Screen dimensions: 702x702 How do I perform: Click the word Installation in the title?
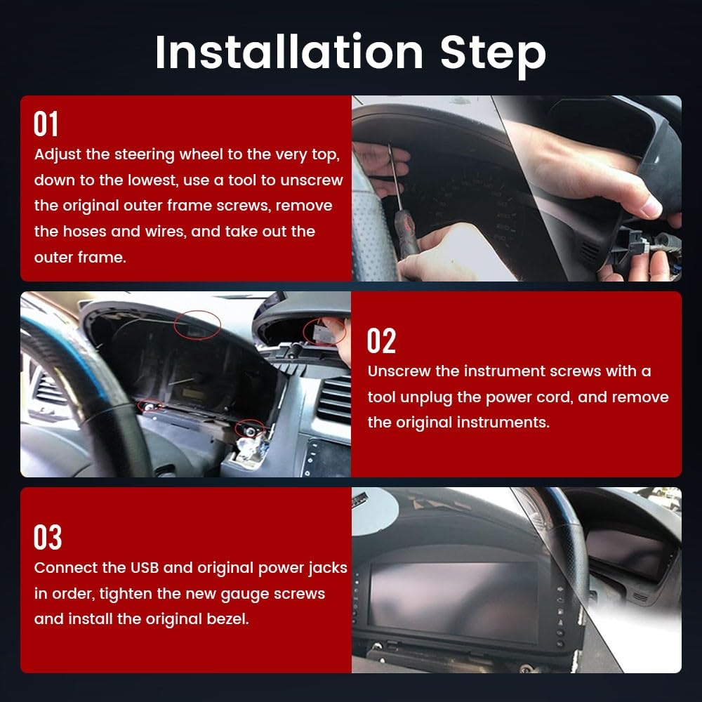tap(289, 52)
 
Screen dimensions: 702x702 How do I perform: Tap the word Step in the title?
tap(493, 55)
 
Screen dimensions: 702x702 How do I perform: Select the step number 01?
tap(46, 124)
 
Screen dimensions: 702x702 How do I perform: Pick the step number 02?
tap(381, 340)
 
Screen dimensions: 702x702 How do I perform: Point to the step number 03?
tap(48, 537)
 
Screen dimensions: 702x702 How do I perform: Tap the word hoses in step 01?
tap(85, 232)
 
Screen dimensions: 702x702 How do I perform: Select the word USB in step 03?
tap(144, 568)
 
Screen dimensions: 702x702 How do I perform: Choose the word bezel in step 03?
tap(227, 619)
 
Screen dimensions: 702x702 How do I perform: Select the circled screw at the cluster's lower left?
tap(150, 406)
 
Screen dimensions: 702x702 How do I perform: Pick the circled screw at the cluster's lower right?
tap(250, 430)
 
